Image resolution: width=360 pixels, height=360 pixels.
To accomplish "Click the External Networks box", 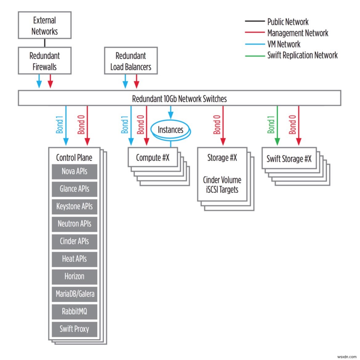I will click(45, 26).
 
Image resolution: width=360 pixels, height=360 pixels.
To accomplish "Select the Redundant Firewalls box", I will click(45, 61).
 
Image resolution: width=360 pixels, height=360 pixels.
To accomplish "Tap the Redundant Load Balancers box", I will click(131, 61).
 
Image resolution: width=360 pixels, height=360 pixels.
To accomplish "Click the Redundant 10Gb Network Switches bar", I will click(179, 99).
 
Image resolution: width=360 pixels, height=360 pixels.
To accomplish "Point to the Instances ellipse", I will click(170, 130).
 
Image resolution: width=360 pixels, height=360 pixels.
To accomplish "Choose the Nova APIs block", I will click(74, 171).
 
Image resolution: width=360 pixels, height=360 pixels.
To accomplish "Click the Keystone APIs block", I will click(74, 206).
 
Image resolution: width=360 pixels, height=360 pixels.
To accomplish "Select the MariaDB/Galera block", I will click(74, 294).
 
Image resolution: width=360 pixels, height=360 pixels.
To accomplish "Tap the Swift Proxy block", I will click(74, 329).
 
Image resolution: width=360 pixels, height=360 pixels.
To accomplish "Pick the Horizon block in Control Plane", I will click(74, 276).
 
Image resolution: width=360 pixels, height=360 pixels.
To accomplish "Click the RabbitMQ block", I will click(74, 311).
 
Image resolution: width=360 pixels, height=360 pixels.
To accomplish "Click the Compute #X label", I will click(153, 158).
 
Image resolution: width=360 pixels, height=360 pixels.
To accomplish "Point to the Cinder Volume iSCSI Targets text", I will click(222, 185).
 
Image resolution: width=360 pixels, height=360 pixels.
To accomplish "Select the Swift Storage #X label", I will click(289, 159).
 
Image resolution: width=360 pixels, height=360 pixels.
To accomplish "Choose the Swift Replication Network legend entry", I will click(302, 55).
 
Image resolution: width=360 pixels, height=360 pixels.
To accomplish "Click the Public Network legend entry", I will click(288, 22).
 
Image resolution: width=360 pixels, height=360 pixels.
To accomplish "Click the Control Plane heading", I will click(74, 157).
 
